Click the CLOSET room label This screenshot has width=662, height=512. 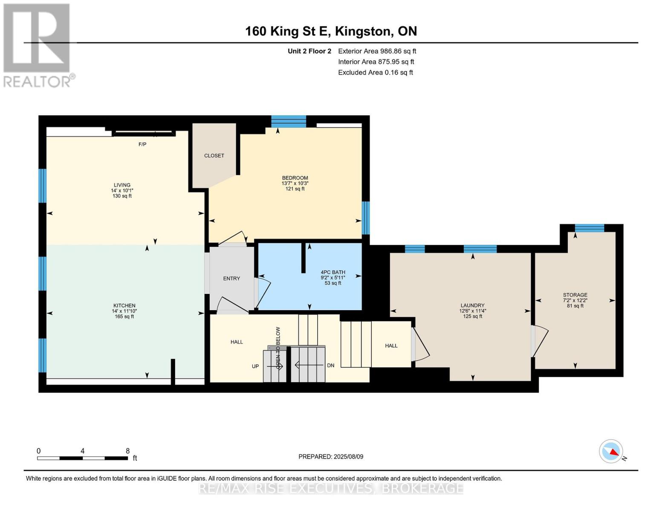pyautogui.click(x=214, y=156)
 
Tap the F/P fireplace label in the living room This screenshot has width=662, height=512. pyautogui.click(x=142, y=145)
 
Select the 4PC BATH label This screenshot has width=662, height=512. pyautogui.click(x=333, y=272)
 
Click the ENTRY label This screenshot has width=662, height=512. pyautogui.click(x=231, y=279)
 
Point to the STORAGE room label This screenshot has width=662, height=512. pyautogui.click(x=575, y=295)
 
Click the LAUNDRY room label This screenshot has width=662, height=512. pyautogui.click(x=472, y=305)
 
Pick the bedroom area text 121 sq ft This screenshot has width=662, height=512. pyautogui.click(x=295, y=189)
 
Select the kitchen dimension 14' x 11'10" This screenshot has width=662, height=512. pyautogui.click(x=124, y=311)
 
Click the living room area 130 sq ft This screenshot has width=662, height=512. pyautogui.click(x=122, y=196)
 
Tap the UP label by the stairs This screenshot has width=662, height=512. pyautogui.click(x=255, y=366)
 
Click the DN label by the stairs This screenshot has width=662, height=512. pyautogui.click(x=330, y=365)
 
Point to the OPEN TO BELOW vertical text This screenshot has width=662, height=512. pyautogui.click(x=278, y=348)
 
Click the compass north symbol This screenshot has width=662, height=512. pyautogui.click(x=611, y=451)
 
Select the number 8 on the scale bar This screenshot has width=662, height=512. pyautogui.click(x=127, y=451)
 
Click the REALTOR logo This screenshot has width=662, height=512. pyautogui.click(x=38, y=45)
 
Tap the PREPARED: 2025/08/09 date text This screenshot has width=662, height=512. pyautogui.click(x=331, y=457)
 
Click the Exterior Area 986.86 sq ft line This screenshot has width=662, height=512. pyautogui.click(x=377, y=51)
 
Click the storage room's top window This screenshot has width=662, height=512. pyautogui.click(x=589, y=228)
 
